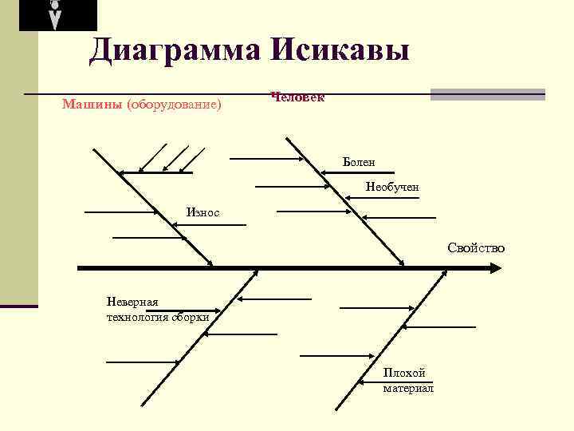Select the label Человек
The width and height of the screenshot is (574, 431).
297,97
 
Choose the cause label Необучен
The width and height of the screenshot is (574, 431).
392,187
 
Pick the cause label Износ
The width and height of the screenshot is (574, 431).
202,212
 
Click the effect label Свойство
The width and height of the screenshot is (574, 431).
476,247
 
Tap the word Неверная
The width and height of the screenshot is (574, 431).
133,301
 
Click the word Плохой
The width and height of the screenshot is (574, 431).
404,373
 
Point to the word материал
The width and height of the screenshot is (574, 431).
408,388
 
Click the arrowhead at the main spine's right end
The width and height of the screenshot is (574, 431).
493,268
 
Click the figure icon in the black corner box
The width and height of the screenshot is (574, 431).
54,15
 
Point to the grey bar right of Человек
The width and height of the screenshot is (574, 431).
487,94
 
